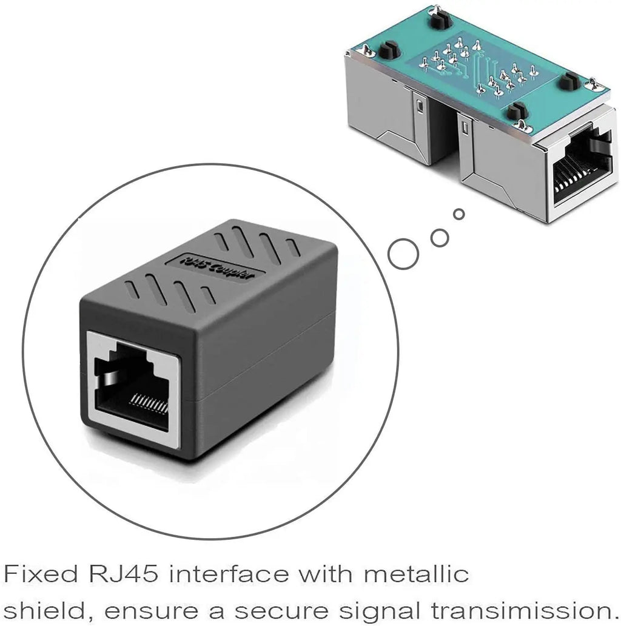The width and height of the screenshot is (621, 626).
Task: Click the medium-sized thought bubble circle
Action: [x=440, y=237]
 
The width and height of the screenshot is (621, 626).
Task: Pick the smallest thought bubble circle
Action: [x=459, y=214]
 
